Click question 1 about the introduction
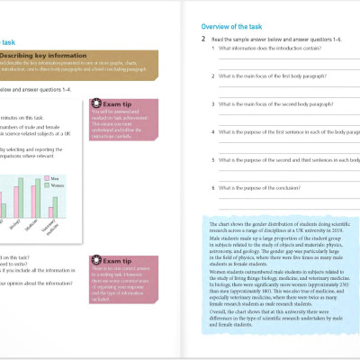click(x=270, y=49)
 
